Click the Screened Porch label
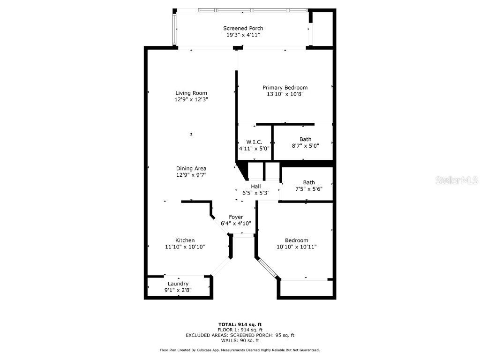click(243, 28)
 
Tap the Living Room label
click(191, 93)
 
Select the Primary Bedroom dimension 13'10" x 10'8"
click(285, 94)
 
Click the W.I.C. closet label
click(254, 142)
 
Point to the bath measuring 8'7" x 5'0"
click(305, 142)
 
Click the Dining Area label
click(191, 168)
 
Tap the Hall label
click(256, 187)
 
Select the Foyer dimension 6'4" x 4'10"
click(236, 224)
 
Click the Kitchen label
click(185, 240)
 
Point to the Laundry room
click(178, 287)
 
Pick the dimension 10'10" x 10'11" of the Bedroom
click(297, 247)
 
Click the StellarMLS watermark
click(457, 180)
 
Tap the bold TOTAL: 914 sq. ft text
click(240, 324)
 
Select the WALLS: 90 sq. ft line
click(240, 340)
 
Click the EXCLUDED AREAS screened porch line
click(240, 335)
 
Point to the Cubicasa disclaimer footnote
click(240, 350)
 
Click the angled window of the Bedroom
click(268, 269)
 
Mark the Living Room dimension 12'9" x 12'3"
click(191, 99)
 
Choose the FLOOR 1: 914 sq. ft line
click(240, 330)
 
